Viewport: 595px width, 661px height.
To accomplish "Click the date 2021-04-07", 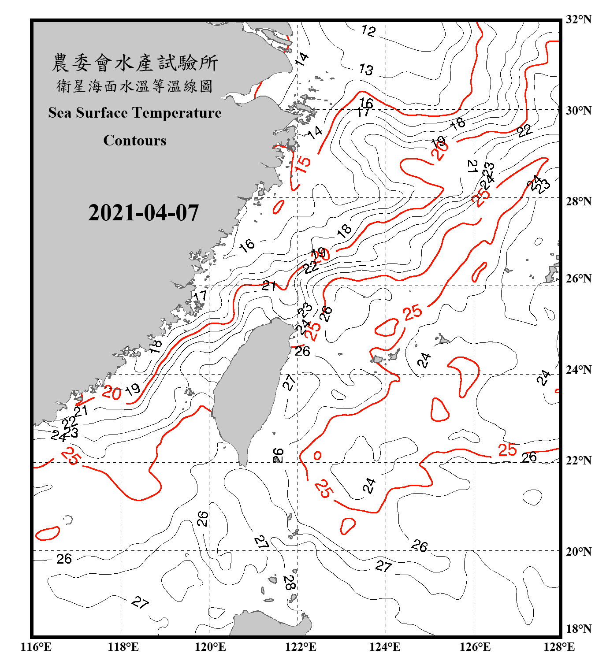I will point(143,213).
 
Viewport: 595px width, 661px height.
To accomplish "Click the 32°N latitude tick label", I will point(578,19).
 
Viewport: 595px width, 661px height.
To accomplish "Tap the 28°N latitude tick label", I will point(578,201).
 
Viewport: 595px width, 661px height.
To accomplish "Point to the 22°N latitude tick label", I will point(578,460).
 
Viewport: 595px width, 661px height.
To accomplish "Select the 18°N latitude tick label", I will point(578,629).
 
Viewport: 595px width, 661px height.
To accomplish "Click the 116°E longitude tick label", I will point(36,647).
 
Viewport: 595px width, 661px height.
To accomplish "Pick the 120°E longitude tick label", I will point(210,647).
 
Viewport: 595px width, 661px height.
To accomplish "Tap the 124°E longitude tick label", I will point(385,647).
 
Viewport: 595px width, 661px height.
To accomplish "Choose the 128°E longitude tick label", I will point(559,647).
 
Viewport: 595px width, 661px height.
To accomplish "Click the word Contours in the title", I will point(134,141).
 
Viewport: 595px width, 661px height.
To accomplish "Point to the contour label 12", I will point(368,30).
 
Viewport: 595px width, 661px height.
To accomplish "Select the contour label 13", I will point(366,69).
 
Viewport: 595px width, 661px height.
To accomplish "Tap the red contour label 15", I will point(303,164).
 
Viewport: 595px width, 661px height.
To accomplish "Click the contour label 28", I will point(289,583).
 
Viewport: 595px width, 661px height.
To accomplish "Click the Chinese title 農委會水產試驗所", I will point(135,63).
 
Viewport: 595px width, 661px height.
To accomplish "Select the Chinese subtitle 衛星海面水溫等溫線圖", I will point(134,86).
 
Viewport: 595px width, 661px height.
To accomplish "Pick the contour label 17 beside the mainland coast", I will point(201,296).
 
